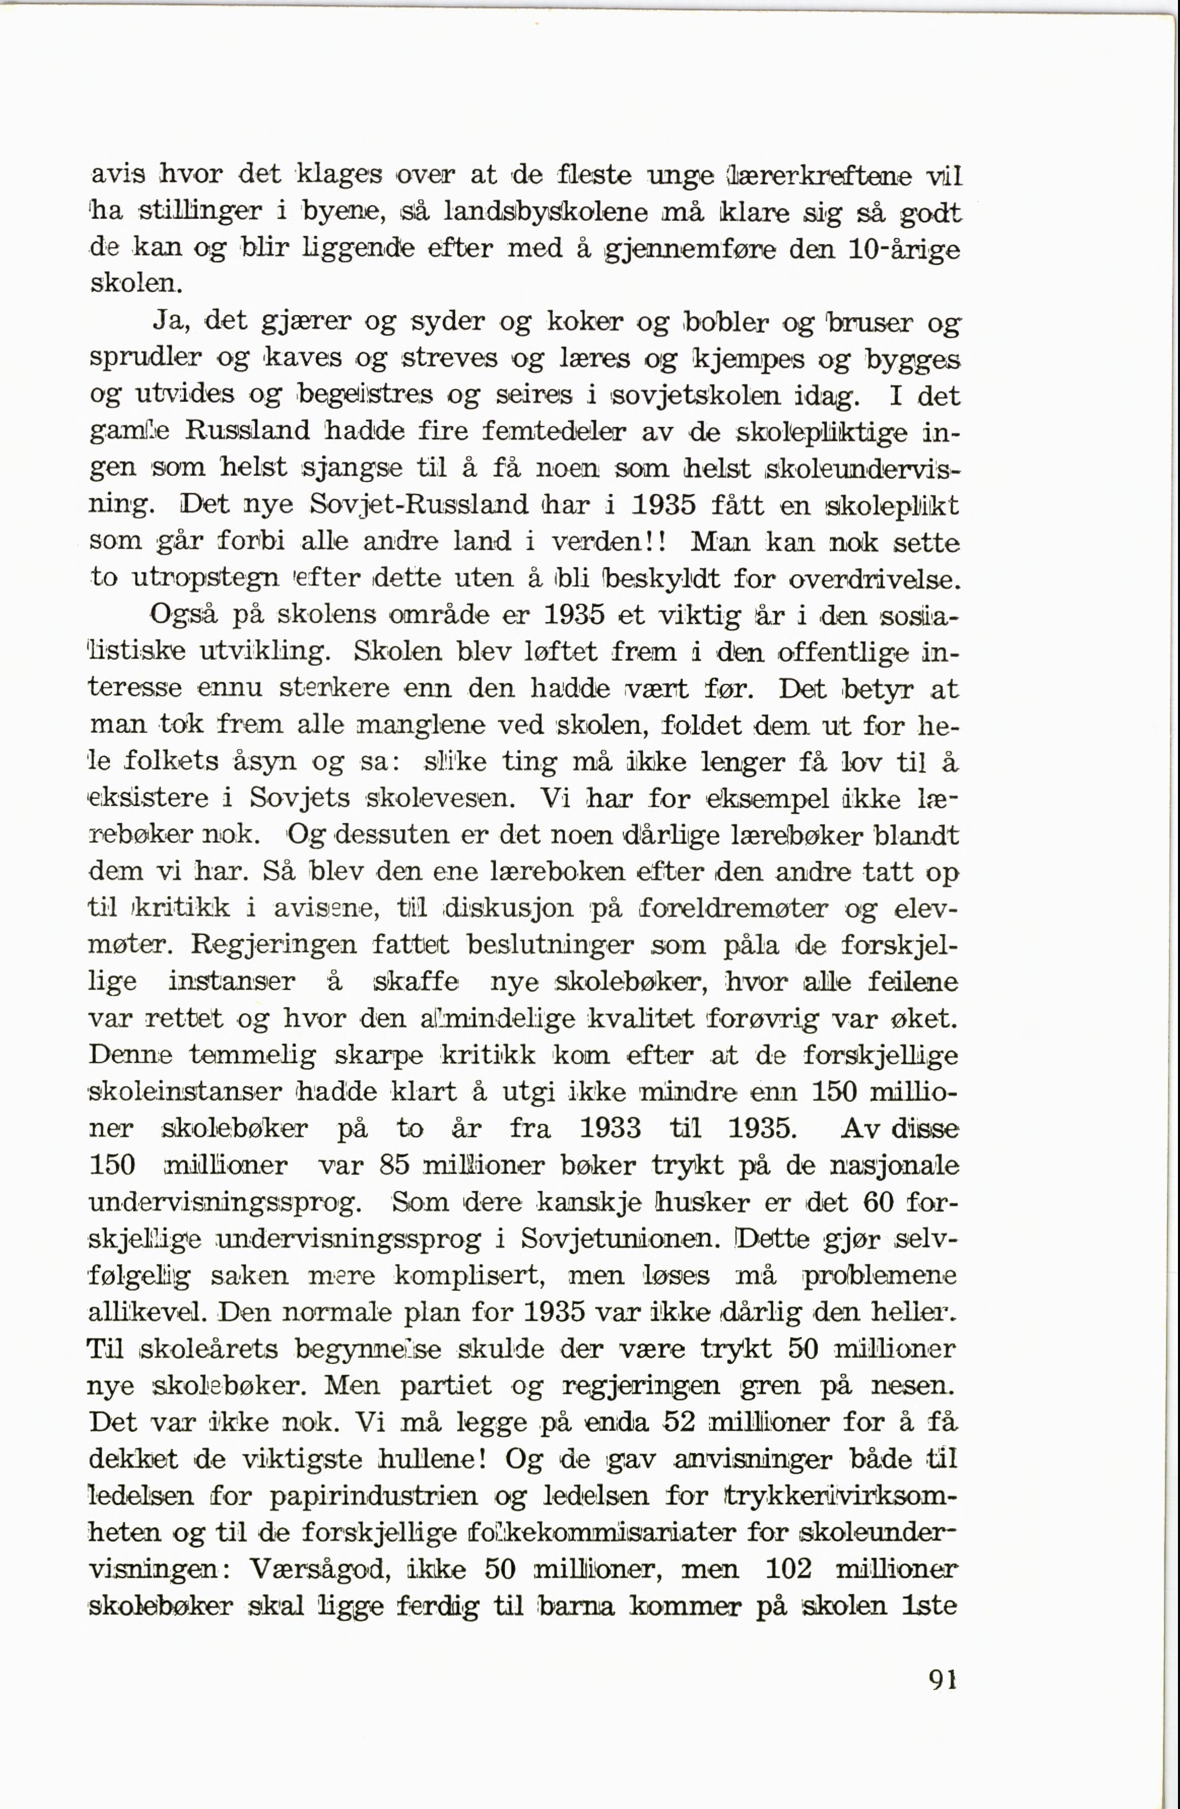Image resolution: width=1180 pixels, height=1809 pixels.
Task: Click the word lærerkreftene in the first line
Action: [823, 176]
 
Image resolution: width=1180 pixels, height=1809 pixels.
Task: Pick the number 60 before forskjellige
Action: [880, 1202]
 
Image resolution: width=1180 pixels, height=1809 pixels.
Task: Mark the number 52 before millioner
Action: [680, 1422]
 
